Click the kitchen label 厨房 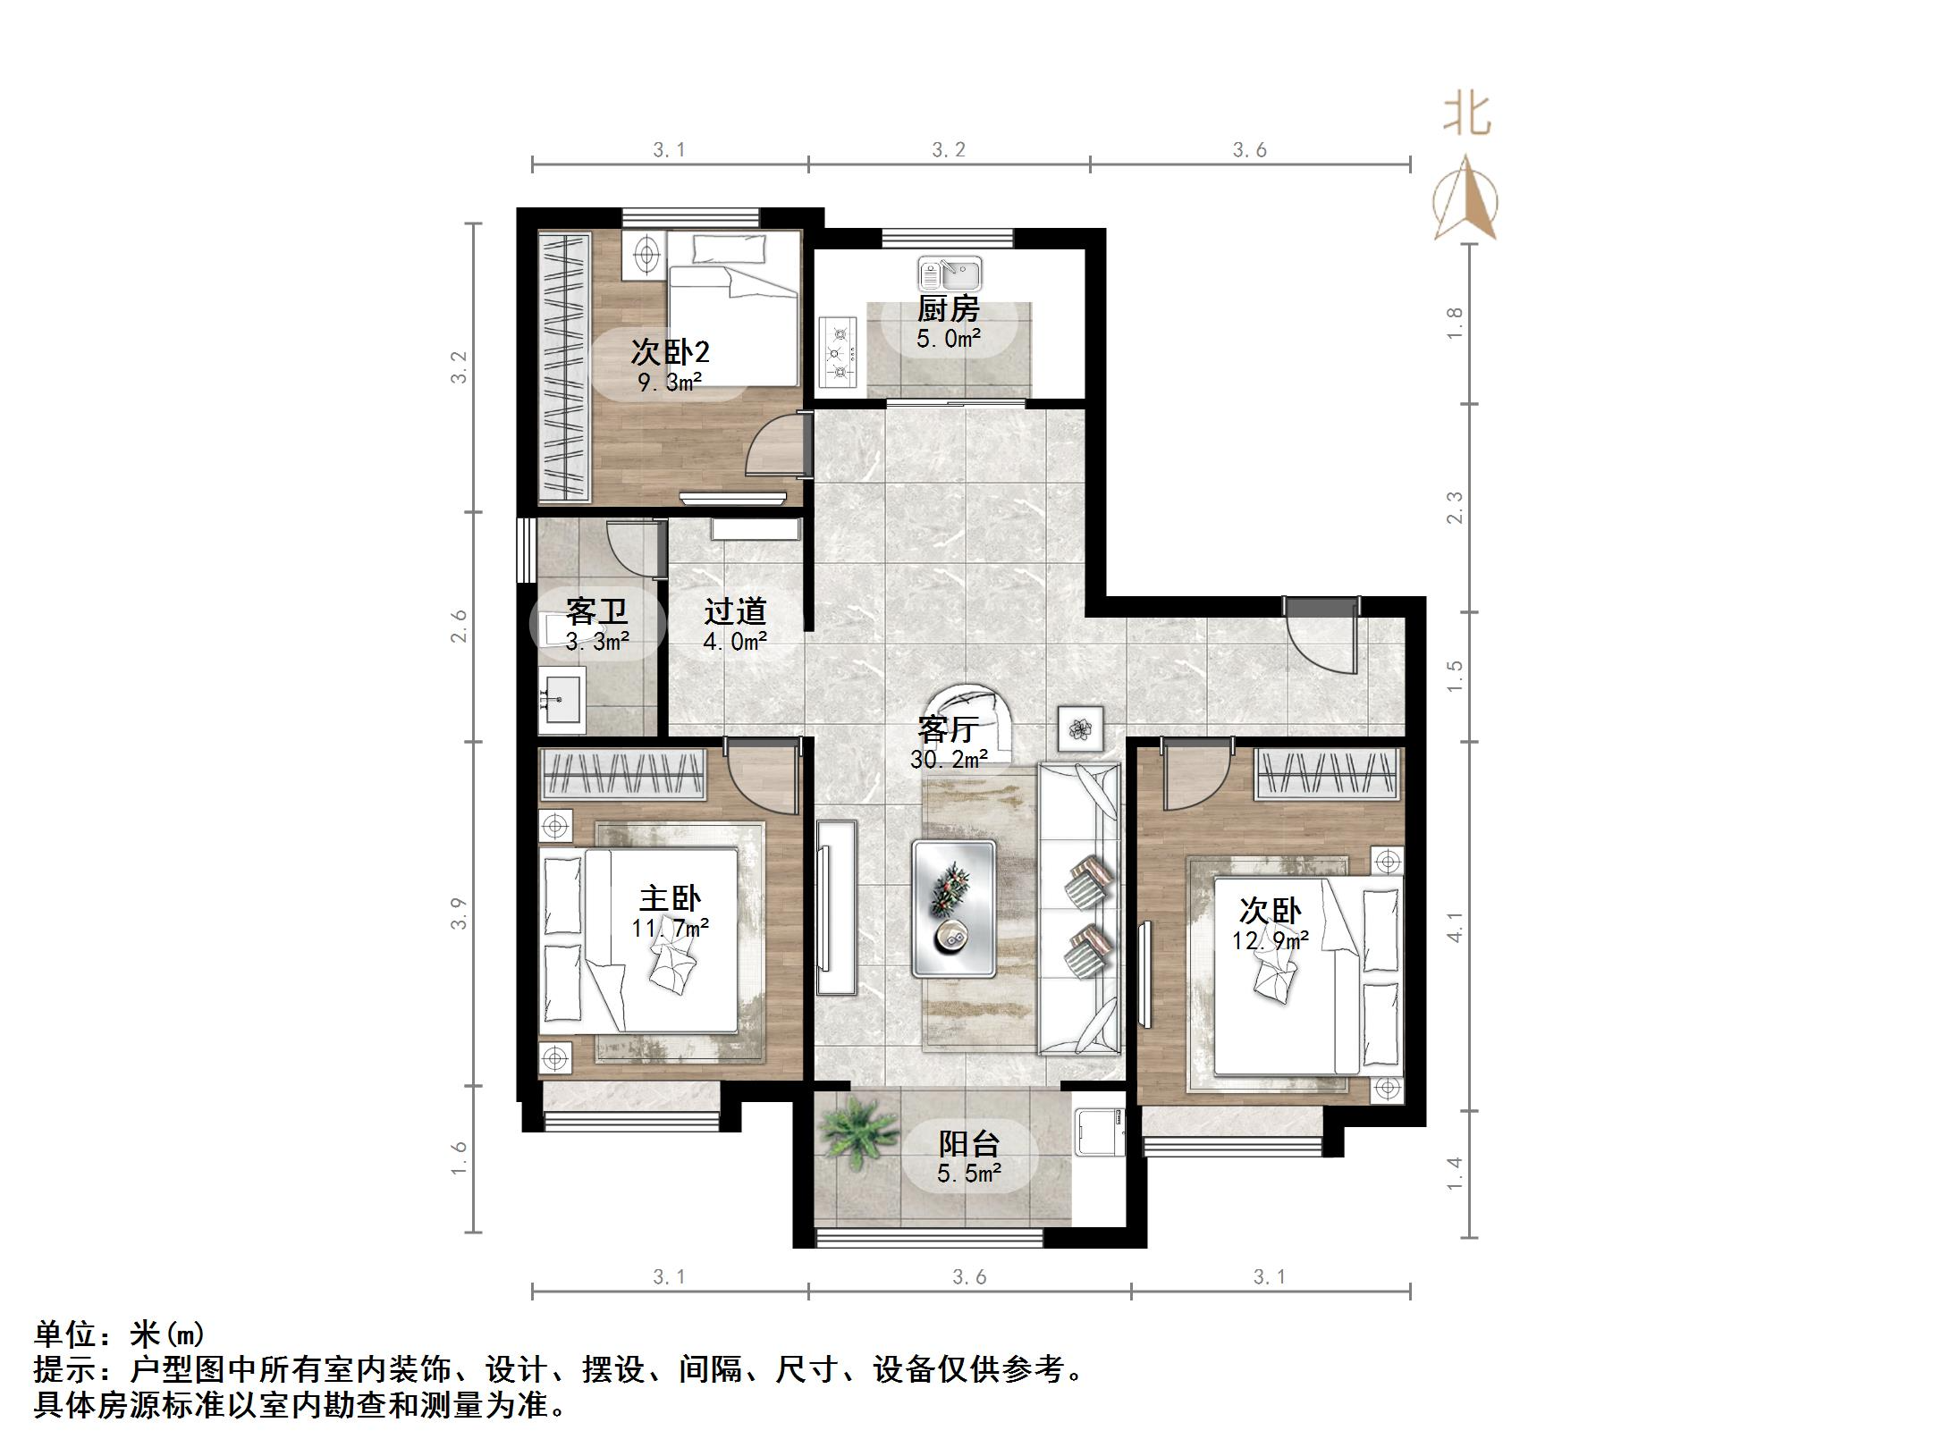click(948, 309)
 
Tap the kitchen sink click(949, 272)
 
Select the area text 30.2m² click(948, 760)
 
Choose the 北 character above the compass click(1467, 115)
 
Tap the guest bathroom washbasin click(561, 697)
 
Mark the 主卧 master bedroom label click(670, 898)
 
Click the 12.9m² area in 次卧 click(1270, 940)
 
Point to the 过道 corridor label click(735, 611)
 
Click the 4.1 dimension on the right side click(1455, 927)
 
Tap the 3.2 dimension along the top click(948, 150)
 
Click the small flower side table click(1080, 728)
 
